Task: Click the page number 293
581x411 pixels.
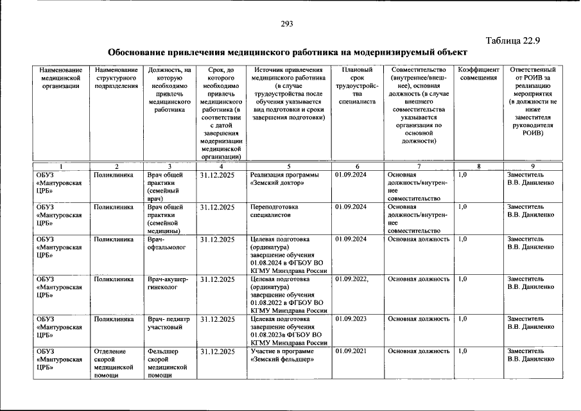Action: click(x=286, y=24)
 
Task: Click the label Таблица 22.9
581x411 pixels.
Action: click(x=514, y=41)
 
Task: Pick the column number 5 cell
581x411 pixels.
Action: click(x=289, y=166)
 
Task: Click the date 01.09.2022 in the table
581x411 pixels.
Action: click(x=351, y=279)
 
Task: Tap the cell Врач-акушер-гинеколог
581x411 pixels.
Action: click(x=168, y=283)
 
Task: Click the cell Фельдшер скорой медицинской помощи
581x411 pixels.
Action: click(x=166, y=363)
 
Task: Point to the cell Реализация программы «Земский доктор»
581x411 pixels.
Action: click(x=282, y=179)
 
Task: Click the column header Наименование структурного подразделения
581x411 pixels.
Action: click(x=116, y=78)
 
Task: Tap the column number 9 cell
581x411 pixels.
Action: click(x=532, y=166)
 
